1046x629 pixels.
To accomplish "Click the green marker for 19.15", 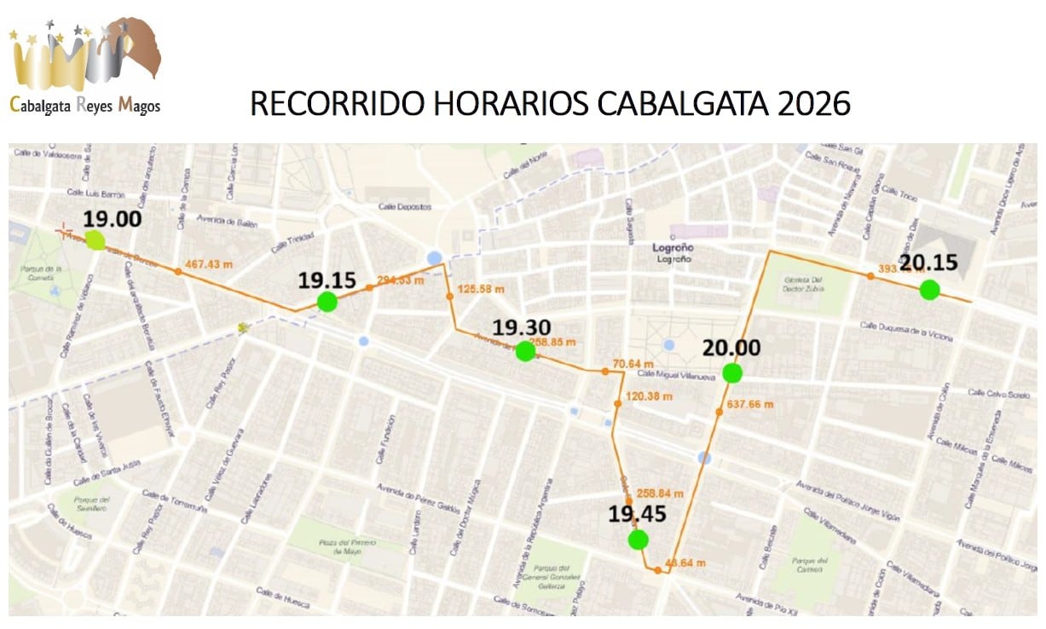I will tap(327, 302).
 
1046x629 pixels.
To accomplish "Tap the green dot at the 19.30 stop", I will tap(525, 351).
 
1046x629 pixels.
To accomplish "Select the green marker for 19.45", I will tap(638, 540).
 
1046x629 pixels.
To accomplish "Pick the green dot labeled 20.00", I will tap(731, 372).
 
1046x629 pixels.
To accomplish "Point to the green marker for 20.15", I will tap(929, 290).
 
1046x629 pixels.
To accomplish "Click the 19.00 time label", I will tap(112, 218).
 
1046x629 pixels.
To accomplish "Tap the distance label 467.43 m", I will tap(209, 264).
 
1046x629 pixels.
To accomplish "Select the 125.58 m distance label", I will tap(482, 290).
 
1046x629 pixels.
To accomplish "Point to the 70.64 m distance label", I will tap(636, 364).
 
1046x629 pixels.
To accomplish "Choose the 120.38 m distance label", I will tap(649, 396).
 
